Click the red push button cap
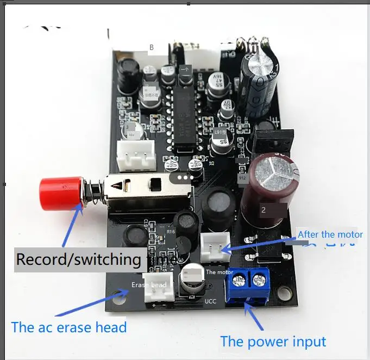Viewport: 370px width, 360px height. pos(59,194)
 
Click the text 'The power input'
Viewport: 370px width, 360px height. pos(273,342)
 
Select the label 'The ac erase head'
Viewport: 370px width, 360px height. pos(69,327)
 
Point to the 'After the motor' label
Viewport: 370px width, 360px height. pos(330,234)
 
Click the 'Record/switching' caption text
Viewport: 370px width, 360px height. pos(78,259)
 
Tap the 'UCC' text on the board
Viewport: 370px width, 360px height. pos(211,301)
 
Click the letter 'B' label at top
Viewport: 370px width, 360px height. pos(152,47)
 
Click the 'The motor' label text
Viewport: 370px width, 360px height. pos(220,271)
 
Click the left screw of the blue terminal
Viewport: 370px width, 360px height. pos(238,281)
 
